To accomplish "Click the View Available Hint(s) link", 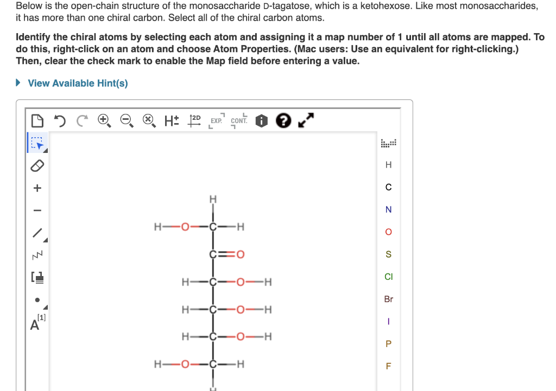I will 78,83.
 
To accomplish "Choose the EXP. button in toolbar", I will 216,120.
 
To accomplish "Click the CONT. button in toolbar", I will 239,120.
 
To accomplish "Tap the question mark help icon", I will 283,120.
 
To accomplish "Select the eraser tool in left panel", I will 36,165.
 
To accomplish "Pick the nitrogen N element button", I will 388,210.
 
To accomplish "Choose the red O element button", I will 388,232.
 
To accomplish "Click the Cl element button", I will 388,277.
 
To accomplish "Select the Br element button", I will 388,299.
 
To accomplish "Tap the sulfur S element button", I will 388,254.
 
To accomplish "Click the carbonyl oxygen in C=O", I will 240,254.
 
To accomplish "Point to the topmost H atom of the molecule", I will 213,200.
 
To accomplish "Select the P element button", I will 388,343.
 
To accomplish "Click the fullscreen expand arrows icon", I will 305,120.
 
